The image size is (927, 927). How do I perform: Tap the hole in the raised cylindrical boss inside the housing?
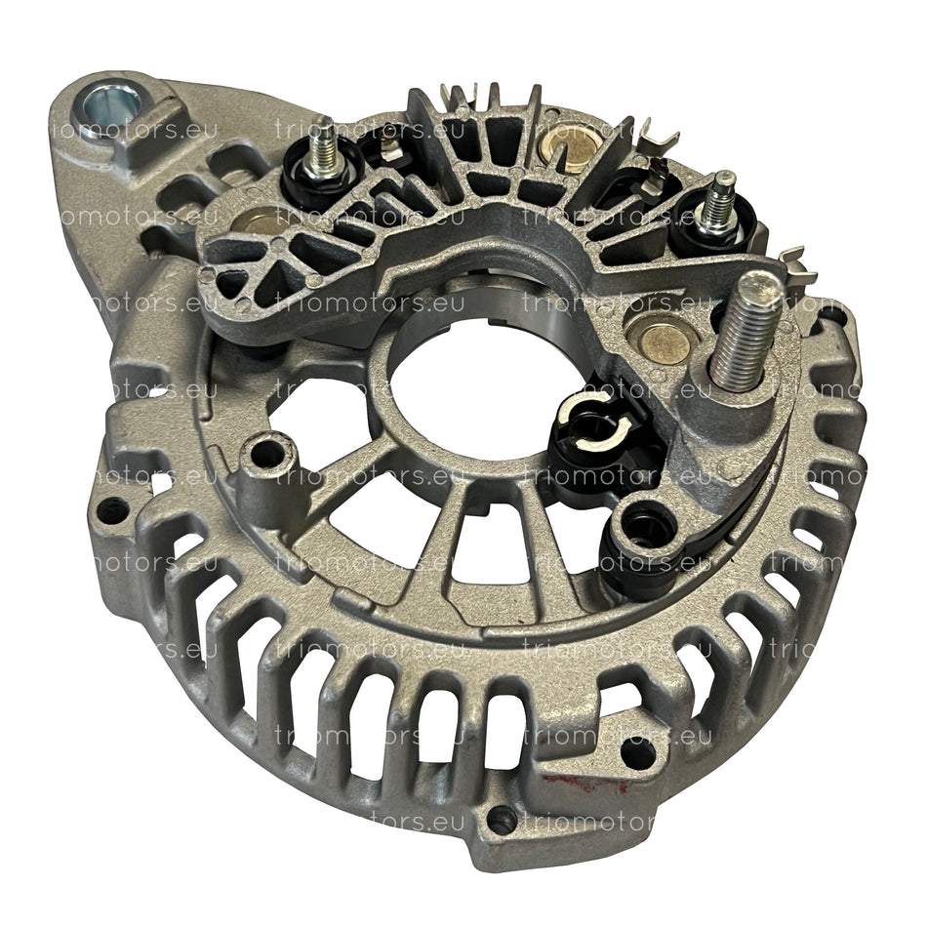[x=261, y=452]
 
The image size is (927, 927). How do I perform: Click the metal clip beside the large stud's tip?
[x=795, y=262]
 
